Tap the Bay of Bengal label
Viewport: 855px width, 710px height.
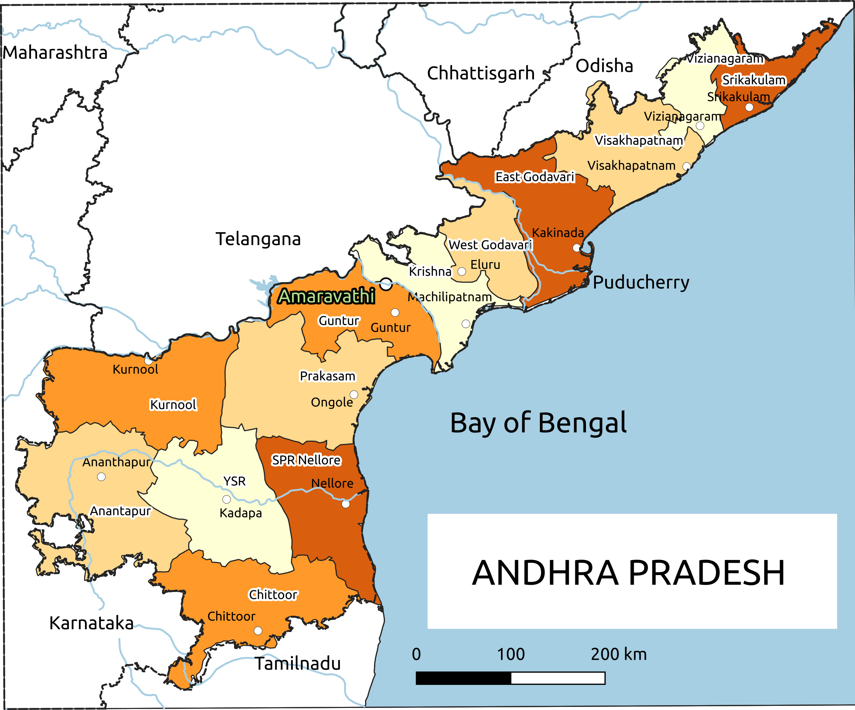click(x=538, y=423)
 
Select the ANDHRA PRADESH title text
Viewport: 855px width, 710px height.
click(x=628, y=573)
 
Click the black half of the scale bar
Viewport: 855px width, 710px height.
click(x=463, y=678)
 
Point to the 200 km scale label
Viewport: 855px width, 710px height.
click(x=618, y=655)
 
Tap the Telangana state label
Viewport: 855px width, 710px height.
click(x=258, y=239)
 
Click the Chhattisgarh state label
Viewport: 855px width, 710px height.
click(x=480, y=73)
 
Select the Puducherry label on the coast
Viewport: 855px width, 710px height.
click(x=641, y=282)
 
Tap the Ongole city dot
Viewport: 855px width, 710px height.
click(x=354, y=395)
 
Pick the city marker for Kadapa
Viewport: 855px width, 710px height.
click(x=226, y=499)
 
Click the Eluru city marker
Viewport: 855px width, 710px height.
click(x=462, y=271)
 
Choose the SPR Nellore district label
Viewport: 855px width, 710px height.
click(x=306, y=460)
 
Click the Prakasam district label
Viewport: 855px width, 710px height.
click(x=327, y=376)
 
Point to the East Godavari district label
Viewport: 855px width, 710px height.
click(x=534, y=177)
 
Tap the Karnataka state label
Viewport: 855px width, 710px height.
click(x=91, y=623)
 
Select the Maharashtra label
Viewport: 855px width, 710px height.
click(x=55, y=53)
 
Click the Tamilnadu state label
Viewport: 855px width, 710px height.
click(x=298, y=664)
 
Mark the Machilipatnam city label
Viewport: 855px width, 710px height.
click(x=450, y=297)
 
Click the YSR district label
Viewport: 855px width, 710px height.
click(x=235, y=481)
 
